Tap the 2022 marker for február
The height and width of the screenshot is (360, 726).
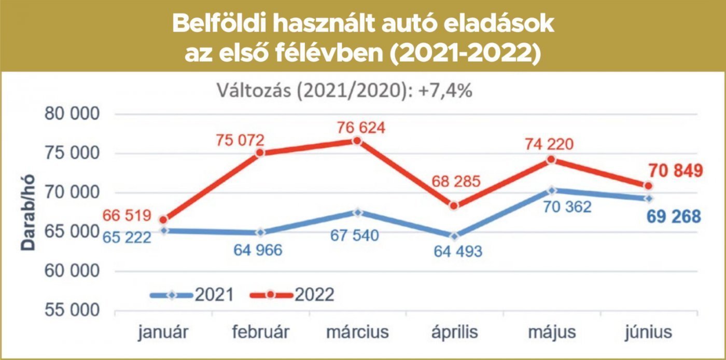click(x=260, y=153)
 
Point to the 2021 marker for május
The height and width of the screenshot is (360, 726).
click(x=551, y=190)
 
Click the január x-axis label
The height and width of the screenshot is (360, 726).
click(x=163, y=331)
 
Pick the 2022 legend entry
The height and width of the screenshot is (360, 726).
click(x=292, y=295)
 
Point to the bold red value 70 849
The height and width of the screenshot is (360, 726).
click(x=674, y=170)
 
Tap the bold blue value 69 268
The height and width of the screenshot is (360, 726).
click(x=674, y=216)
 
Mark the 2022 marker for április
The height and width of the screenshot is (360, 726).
click(x=454, y=206)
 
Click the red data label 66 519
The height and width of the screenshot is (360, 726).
click(x=127, y=215)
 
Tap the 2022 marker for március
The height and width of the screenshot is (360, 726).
click(x=357, y=141)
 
